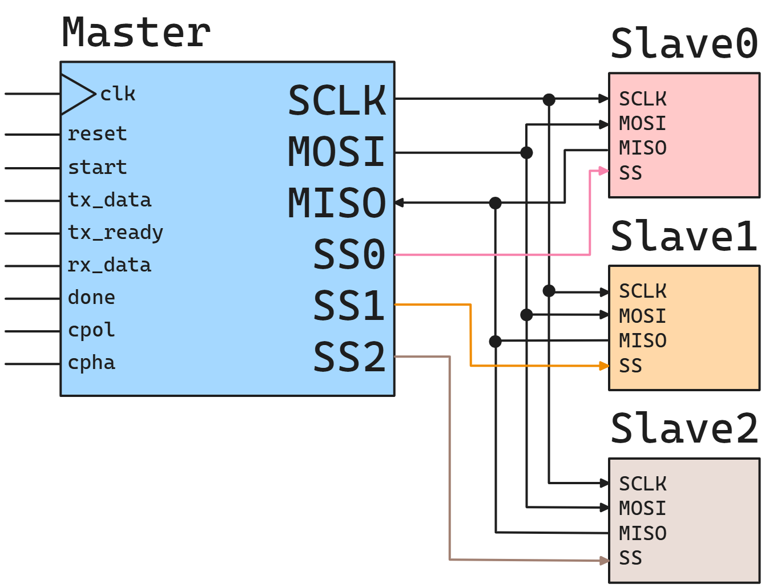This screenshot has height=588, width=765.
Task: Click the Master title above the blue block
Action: tap(136, 33)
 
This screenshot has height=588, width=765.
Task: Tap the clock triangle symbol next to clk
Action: tap(77, 94)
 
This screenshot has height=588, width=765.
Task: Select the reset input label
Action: tap(97, 134)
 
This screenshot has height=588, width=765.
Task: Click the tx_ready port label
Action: tap(115, 233)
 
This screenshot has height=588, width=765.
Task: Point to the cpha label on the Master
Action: tap(91, 363)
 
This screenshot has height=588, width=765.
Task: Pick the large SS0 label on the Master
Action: tap(349, 254)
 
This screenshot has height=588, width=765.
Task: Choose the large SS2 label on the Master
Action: tap(349, 357)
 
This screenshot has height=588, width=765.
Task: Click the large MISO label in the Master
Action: tap(337, 203)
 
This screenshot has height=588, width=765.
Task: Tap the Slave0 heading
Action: tap(684, 44)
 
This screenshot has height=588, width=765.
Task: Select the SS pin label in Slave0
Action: tap(631, 173)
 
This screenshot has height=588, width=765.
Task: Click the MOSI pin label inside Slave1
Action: tap(643, 316)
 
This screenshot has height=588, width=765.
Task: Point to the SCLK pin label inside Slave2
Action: tap(643, 484)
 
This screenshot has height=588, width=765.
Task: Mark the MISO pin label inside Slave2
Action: tap(643, 533)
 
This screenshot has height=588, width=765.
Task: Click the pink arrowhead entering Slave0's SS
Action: tap(603, 171)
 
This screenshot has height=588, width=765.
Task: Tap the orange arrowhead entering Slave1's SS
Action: tap(604, 366)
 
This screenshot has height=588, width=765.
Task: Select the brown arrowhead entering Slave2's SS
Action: tap(604, 561)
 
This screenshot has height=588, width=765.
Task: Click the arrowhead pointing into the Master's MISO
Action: tap(400, 202)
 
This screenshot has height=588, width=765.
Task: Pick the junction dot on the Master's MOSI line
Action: tap(526, 153)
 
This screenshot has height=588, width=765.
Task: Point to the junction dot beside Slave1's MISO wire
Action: tap(496, 341)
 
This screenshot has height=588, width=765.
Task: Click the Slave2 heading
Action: tap(684, 429)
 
